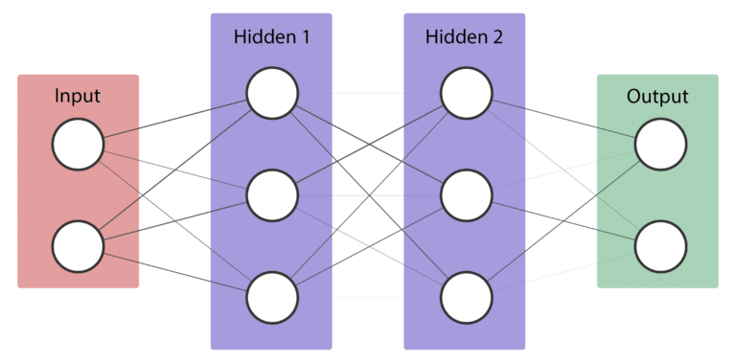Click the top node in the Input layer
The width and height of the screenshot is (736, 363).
pyautogui.click(x=78, y=145)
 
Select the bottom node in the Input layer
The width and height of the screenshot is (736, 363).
pyautogui.click(x=78, y=245)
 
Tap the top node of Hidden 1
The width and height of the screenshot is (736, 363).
pyautogui.click(x=271, y=94)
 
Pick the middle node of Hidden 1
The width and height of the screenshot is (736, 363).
pyautogui.click(x=271, y=194)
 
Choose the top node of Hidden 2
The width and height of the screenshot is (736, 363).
pyautogui.click(x=466, y=94)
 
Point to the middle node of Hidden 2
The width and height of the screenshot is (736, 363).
pyautogui.click(x=466, y=194)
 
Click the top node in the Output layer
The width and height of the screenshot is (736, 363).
pyautogui.click(x=660, y=145)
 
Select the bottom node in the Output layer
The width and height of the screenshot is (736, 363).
pyautogui.click(x=660, y=245)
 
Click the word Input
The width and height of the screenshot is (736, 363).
pyautogui.click(x=78, y=97)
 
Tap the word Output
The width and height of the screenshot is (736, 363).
pyautogui.click(x=657, y=97)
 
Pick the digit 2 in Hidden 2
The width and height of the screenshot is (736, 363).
pyautogui.click(x=496, y=38)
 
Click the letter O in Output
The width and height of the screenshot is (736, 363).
pyautogui.click(x=633, y=97)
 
